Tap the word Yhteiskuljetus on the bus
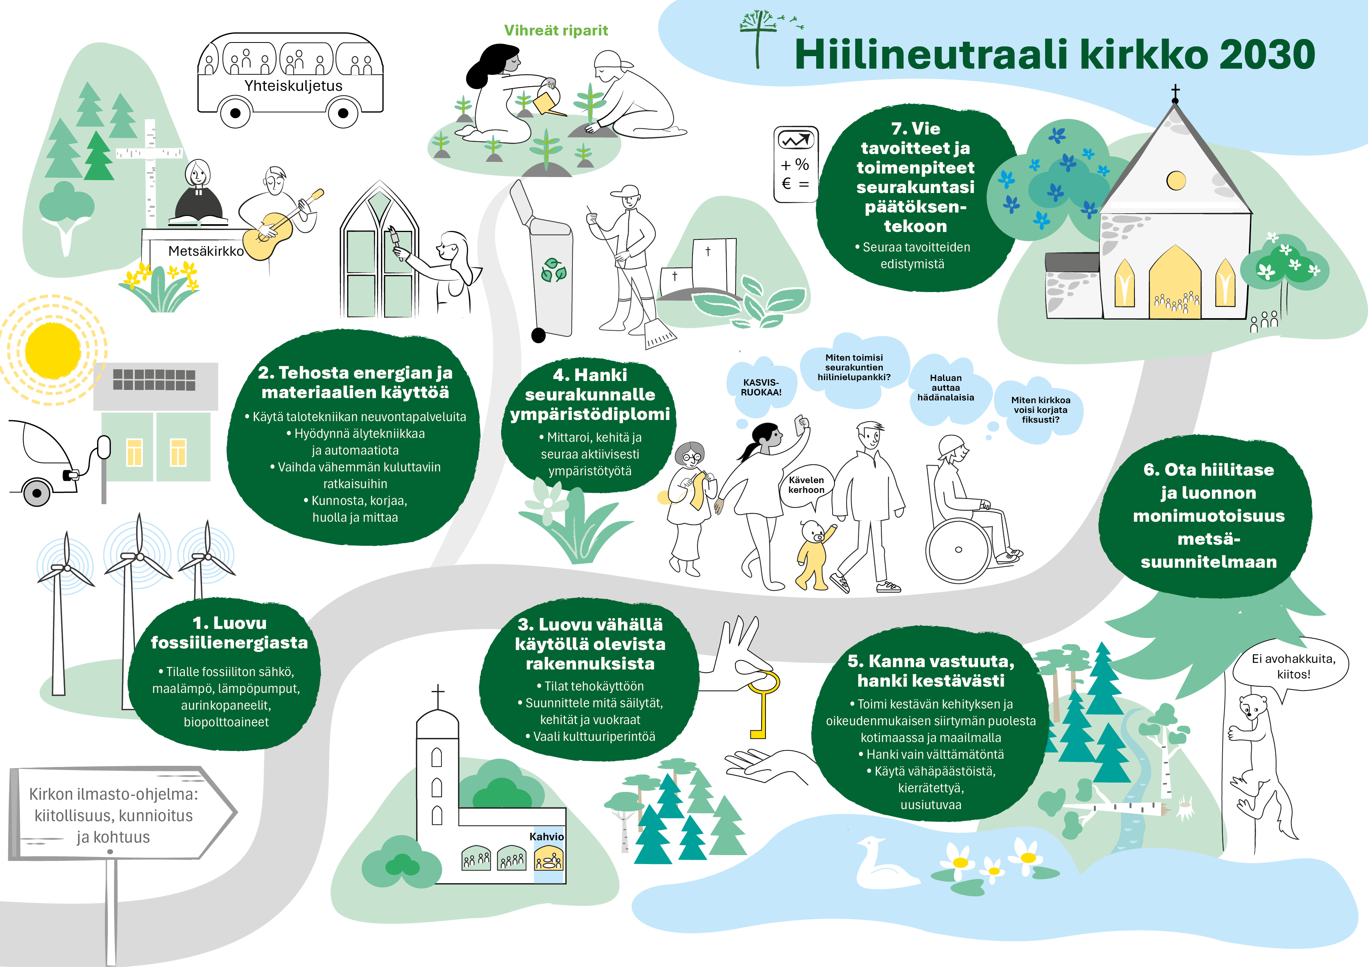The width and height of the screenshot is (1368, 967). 293,86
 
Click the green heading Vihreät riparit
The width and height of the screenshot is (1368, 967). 556,30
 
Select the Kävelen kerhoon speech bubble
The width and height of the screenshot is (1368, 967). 806,486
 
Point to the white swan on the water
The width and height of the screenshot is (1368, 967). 884,863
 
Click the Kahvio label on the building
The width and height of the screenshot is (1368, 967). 546,836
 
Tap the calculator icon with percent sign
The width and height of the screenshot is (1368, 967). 796,165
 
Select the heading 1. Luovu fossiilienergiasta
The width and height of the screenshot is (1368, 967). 229,633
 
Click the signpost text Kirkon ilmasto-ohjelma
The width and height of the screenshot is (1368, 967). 113,794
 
